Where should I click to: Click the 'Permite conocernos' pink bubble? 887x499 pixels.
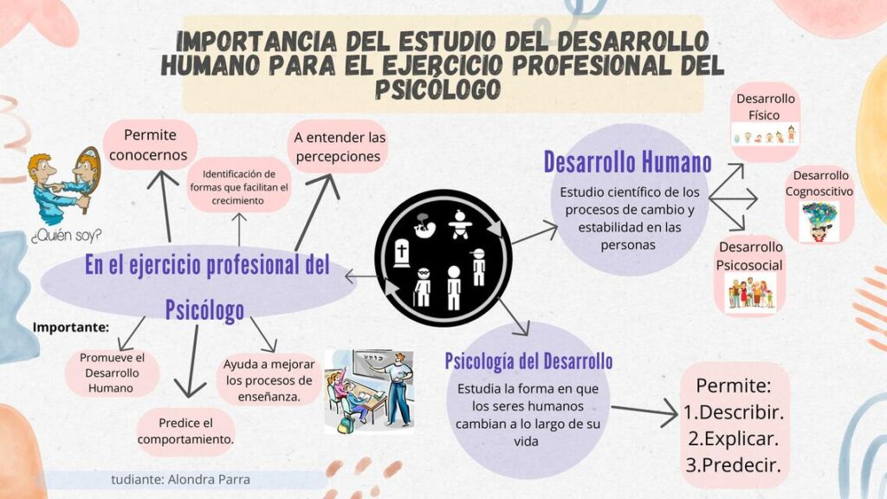click(150, 145)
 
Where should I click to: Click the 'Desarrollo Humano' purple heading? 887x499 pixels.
click(628, 162)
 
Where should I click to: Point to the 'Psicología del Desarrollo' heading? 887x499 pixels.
click(528, 360)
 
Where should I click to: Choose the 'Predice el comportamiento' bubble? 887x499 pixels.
click(185, 431)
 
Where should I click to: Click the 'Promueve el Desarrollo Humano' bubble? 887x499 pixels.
click(112, 373)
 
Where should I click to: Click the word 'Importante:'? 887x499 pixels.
click(71, 327)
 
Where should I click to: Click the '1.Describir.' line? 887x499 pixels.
click(733, 412)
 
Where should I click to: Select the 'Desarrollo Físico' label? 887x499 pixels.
click(765, 107)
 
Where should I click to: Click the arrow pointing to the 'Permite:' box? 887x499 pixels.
click(644, 413)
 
